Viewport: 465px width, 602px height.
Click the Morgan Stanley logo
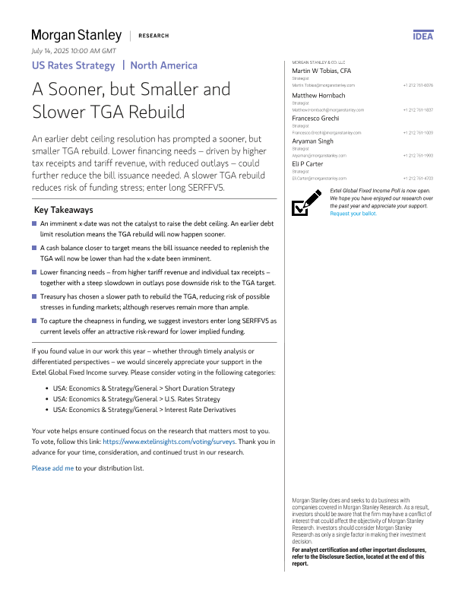(x=76, y=36)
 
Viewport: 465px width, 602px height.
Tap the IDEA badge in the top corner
(x=423, y=36)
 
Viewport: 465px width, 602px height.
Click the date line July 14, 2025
(x=74, y=50)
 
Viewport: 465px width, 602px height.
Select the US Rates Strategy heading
(x=72, y=65)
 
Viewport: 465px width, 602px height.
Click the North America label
(x=163, y=65)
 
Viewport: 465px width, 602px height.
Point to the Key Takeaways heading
(x=64, y=210)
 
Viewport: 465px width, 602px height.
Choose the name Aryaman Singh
(x=313, y=141)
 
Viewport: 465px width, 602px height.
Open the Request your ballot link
(x=353, y=214)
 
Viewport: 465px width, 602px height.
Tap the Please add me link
(x=52, y=468)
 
